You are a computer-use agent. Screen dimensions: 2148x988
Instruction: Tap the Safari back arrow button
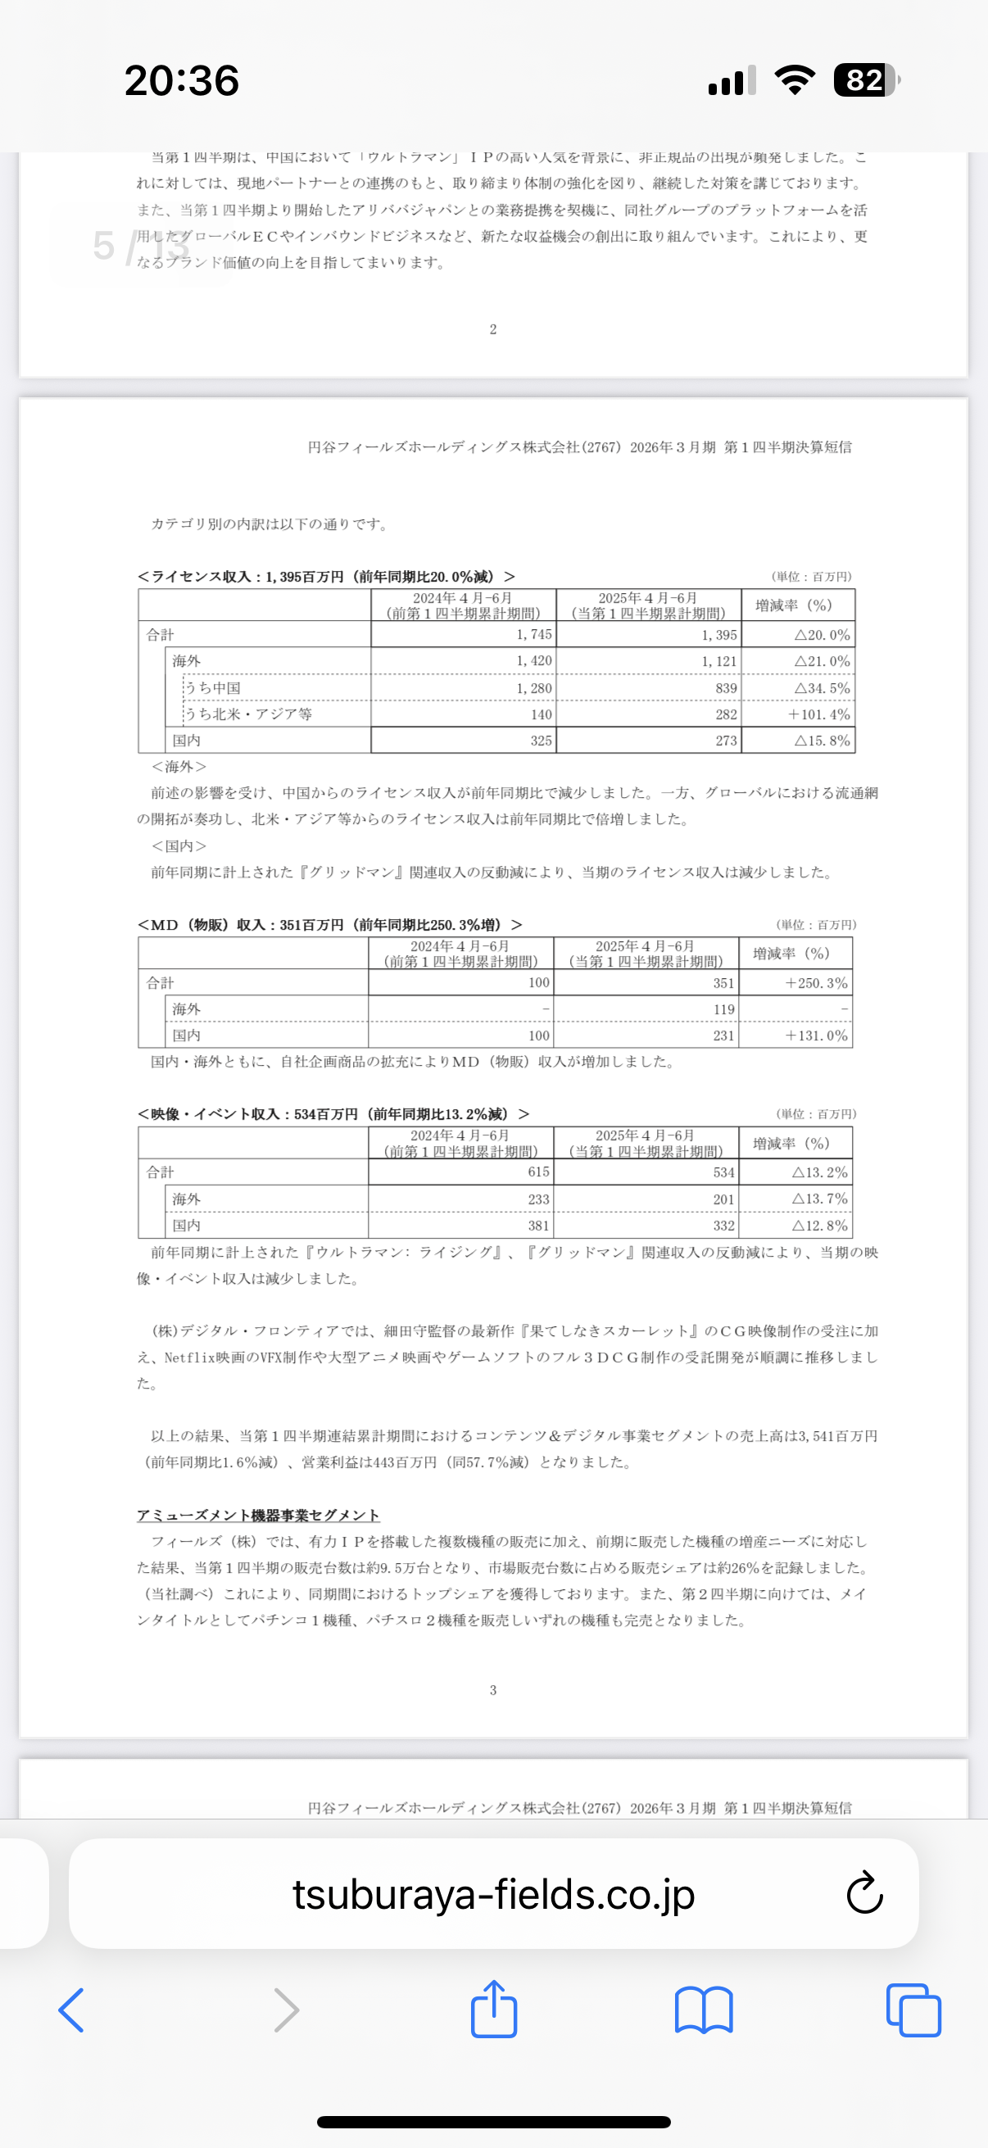(72, 2010)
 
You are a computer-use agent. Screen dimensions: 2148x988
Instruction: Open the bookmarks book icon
(704, 2010)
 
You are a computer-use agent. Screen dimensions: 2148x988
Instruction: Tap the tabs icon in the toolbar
(913, 2010)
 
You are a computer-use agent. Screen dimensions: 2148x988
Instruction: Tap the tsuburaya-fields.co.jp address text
(492, 1894)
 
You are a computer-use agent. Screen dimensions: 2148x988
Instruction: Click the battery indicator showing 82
(866, 80)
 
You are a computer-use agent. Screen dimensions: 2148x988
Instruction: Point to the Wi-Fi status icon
(795, 80)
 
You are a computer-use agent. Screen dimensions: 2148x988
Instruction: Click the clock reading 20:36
(182, 81)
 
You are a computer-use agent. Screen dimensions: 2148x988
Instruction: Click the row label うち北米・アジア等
(248, 714)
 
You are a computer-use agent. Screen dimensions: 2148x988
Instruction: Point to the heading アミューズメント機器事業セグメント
(258, 1515)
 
